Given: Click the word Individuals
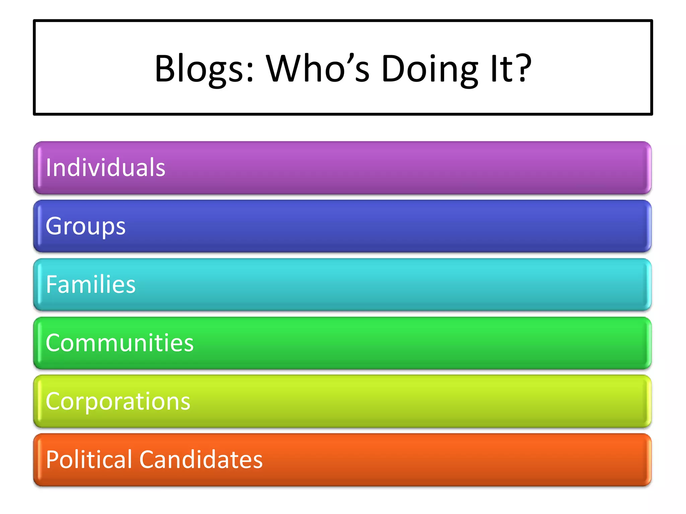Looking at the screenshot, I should [x=106, y=167].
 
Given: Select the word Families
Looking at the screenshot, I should [x=91, y=284].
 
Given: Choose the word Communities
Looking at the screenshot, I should [x=120, y=343].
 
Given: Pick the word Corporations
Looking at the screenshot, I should [x=118, y=401].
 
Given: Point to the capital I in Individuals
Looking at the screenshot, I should [x=49, y=167].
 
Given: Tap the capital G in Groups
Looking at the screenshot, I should [x=54, y=226].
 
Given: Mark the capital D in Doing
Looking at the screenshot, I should [x=394, y=69].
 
